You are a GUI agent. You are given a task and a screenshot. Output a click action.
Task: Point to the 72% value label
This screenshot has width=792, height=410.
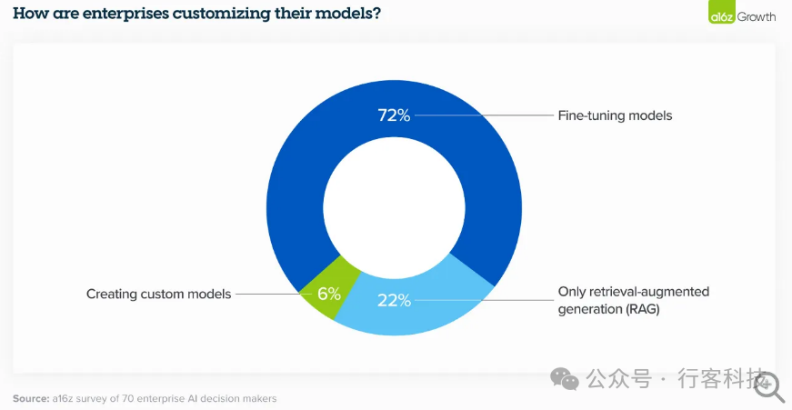(x=395, y=115)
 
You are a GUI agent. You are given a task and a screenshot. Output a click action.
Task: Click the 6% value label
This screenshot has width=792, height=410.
(x=329, y=294)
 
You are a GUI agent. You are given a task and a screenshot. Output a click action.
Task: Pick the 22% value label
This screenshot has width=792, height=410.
(x=395, y=300)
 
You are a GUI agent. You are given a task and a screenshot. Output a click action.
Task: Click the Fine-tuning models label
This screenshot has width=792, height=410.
(x=614, y=116)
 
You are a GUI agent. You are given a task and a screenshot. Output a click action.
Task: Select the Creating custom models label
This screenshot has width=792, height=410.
(x=158, y=294)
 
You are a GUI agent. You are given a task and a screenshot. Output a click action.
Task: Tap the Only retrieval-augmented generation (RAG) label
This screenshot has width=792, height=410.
(x=633, y=300)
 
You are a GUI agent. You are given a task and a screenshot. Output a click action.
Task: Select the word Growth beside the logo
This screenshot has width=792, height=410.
(x=756, y=15)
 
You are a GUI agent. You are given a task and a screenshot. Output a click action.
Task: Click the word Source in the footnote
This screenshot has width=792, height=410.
(x=30, y=398)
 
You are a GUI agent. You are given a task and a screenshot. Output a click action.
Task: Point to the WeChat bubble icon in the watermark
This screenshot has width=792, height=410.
(x=566, y=379)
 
